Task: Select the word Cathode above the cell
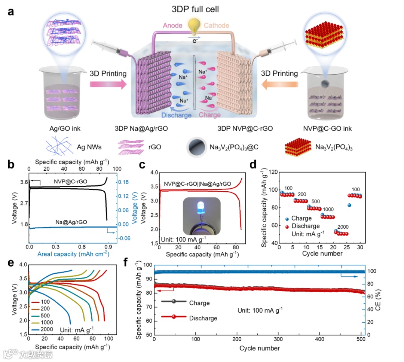[216, 25]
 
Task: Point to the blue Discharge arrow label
[177, 115]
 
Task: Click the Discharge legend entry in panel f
[203, 318]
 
